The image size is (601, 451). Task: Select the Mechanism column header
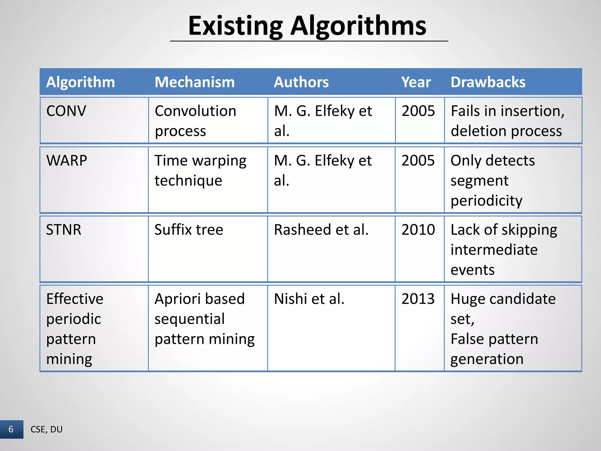pos(195,82)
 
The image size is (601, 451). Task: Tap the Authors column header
pos(301,82)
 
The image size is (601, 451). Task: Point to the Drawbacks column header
pos(488,82)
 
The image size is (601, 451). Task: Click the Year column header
pos(416,82)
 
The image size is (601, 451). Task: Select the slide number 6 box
pos(11,429)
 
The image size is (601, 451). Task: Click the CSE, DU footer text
pos(46,429)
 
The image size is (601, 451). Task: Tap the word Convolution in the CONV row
pos(195,111)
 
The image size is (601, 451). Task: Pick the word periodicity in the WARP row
pos(486,201)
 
